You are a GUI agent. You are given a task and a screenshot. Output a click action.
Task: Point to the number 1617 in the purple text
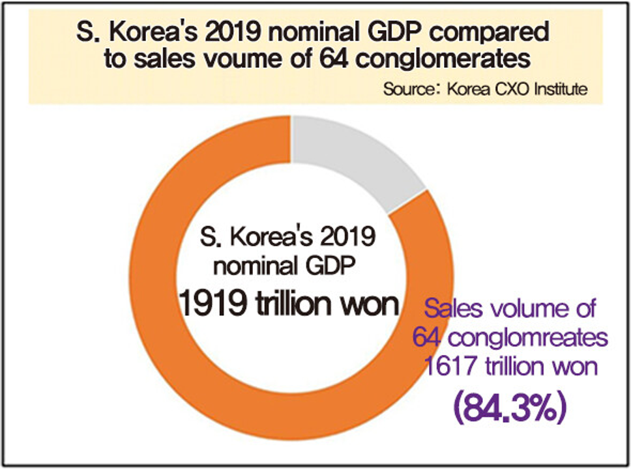[451, 367]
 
